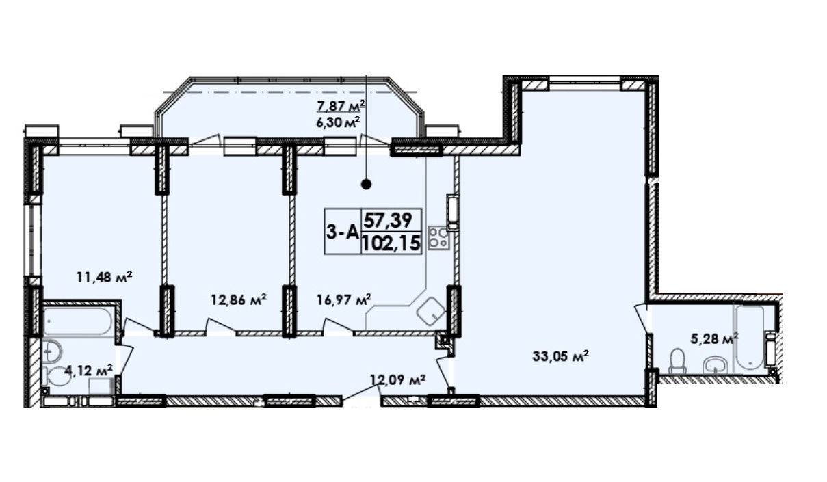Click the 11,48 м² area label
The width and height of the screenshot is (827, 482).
coord(103,277)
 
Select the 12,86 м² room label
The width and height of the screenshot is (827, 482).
coord(238,299)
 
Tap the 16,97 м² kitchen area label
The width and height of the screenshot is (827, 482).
coord(344,299)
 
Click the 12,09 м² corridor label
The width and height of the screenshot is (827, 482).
coord(398,378)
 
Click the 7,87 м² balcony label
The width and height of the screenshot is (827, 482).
coord(340,105)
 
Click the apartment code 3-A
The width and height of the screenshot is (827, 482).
coord(341,232)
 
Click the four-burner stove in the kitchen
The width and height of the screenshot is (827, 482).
coord(438,238)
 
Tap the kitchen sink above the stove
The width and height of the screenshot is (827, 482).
coord(453,210)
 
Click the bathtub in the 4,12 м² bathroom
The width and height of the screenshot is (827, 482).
coord(77,321)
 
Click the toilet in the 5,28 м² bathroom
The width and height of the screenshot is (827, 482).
coord(677,362)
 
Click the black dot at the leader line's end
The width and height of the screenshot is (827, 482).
coord(366,183)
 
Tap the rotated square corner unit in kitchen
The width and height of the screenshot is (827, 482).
coord(431,312)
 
